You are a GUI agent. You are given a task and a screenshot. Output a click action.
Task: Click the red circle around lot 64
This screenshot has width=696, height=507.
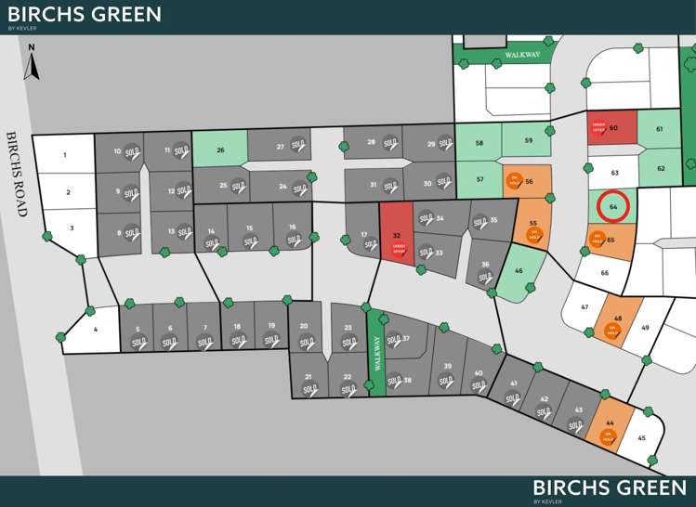[612, 206]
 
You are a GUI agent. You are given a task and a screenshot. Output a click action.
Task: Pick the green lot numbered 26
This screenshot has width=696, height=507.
[220, 149]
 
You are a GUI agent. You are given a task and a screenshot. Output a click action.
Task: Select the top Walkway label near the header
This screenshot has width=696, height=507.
[522, 56]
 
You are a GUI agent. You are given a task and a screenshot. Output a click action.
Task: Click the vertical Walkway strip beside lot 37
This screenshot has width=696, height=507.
[377, 353]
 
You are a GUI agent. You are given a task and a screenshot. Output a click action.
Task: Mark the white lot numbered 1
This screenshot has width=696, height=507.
[65, 155]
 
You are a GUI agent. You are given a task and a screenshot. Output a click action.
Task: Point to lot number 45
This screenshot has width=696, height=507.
[641, 438]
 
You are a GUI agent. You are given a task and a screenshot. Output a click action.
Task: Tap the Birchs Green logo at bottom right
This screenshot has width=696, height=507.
[610, 489]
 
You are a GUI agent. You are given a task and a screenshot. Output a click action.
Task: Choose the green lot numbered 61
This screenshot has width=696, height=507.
[659, 129]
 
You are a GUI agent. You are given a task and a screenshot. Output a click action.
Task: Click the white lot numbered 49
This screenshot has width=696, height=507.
[645, 327]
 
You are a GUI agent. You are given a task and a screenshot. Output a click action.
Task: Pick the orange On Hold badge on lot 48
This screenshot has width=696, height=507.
[612, 329]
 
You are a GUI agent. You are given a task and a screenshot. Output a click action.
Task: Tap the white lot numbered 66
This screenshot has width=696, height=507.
[604, 273]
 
